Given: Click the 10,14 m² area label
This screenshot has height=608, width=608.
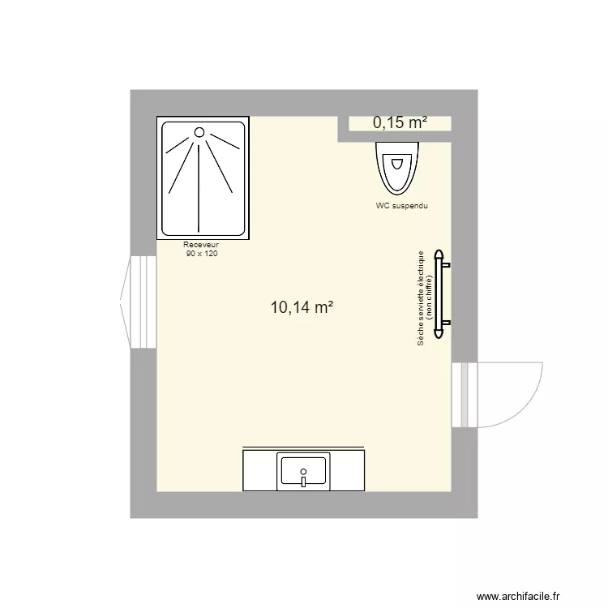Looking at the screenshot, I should pyautogui.click(x=302, y=307).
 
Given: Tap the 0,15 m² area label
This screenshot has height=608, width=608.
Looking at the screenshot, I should pyautogui.click(x=400, y=122).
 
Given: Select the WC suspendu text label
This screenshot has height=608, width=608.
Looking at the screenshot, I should pyautogui.click(x=401, y=206).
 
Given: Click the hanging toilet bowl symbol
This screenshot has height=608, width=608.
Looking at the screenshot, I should pyautogui.click(x=397, y=166).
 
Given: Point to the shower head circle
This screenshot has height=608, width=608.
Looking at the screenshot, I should pyautogui.click(x=199, y=131).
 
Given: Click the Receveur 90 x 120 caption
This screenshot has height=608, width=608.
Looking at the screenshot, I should pyautogui.click(x=202, y=249).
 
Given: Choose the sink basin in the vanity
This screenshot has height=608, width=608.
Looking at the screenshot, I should pyautogui.click(x=302, y=470).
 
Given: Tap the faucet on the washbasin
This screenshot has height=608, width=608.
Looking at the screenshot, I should pyautogui.click(x=302, y=479).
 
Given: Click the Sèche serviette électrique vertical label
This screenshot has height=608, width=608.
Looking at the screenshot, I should pyautogui.click(x=421, y=298).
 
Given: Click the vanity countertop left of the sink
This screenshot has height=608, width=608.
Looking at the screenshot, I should pyautogui.click(x=259, y=470).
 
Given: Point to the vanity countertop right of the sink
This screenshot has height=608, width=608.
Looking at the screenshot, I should pyautogui.click(x=346, y=470).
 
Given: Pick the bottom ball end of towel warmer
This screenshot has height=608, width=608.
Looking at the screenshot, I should pyautogui.click(x=440, y=332).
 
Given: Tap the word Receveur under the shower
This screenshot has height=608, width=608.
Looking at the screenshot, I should pyautogui.click(x=202, y=244).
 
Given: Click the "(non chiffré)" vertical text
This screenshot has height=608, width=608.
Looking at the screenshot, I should pyautogui.click(x=429, y=298).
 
